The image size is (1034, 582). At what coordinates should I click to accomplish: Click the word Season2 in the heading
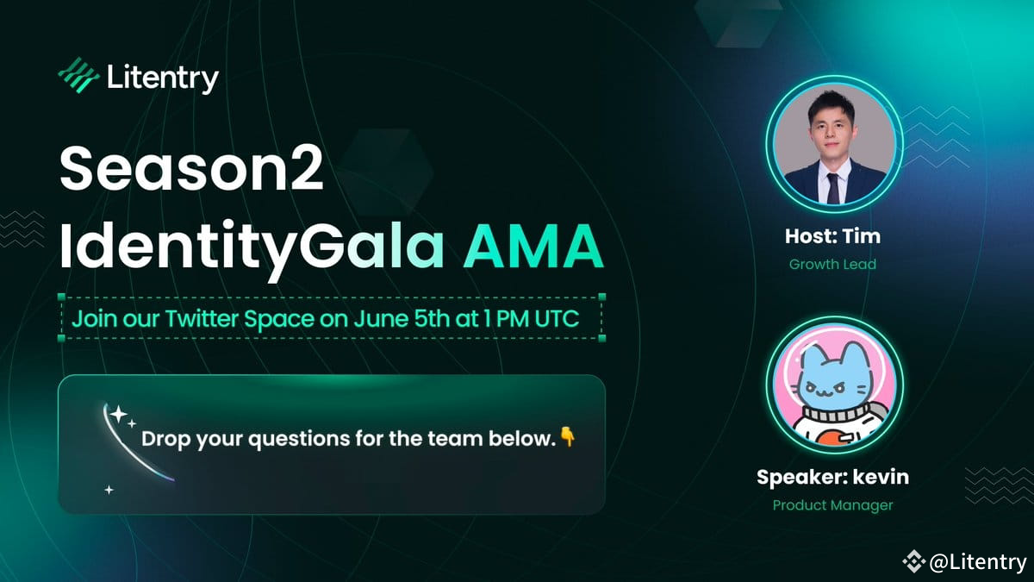click(191, 171)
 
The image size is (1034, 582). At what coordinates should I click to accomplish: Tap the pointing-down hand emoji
click(566, 436)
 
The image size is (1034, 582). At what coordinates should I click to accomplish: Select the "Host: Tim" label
click(832, 236)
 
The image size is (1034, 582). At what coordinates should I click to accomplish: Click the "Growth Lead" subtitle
click(832, 264)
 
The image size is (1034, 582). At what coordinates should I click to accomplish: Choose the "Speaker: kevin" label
click(832, 477)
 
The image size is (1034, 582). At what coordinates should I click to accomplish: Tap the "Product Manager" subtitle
click(832, 505)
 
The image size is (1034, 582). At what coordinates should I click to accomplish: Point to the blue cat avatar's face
click(832, 389)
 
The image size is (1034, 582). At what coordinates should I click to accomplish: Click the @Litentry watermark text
click(978, 562)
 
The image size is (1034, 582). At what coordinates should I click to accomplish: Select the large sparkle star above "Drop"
click(118, 416)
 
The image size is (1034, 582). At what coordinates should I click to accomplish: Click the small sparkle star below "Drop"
click(109, 490)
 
